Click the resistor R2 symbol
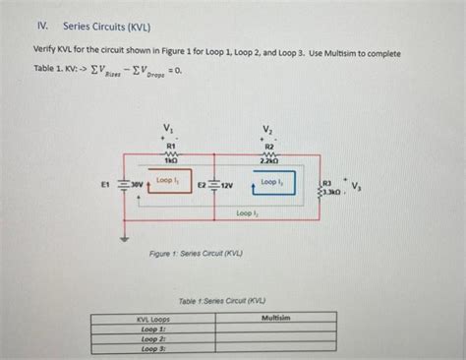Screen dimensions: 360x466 click(x=267, y=152)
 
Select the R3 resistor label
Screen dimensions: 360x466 click(x=327, y=182)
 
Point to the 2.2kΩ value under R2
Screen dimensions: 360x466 click(x=267, y=161)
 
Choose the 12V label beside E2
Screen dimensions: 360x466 click(x=226, y=185)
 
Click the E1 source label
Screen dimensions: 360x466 click(x=105, y=183)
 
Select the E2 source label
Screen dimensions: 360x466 click(x=201, y=185)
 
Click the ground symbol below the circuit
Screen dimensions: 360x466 click(x=124, y=237)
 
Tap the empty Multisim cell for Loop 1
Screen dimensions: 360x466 click(x=276, y=329)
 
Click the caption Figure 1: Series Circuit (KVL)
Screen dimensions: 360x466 click(x=196, y=253)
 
